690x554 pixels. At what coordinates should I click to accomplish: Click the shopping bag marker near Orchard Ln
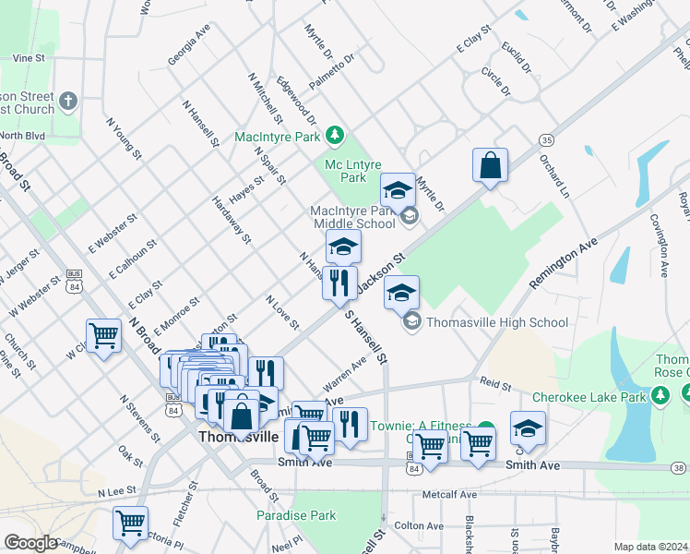[491, 166]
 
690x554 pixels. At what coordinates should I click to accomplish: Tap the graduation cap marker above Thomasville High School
[401, 294]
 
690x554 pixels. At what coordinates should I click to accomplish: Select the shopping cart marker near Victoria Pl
[130, 523]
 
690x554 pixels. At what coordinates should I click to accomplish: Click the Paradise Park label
[296, 515]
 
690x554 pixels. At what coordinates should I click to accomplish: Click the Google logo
[30, 542]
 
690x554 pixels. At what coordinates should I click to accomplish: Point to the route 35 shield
[547, 140]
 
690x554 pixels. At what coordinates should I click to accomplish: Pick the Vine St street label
[28, 57]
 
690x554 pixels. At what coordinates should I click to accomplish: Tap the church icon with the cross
[67, 99]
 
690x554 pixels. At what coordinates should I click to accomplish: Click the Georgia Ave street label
[189, 44]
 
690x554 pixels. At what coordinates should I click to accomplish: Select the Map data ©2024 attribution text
[651, 547]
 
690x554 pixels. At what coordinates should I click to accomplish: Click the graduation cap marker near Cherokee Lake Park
[528, 428]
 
